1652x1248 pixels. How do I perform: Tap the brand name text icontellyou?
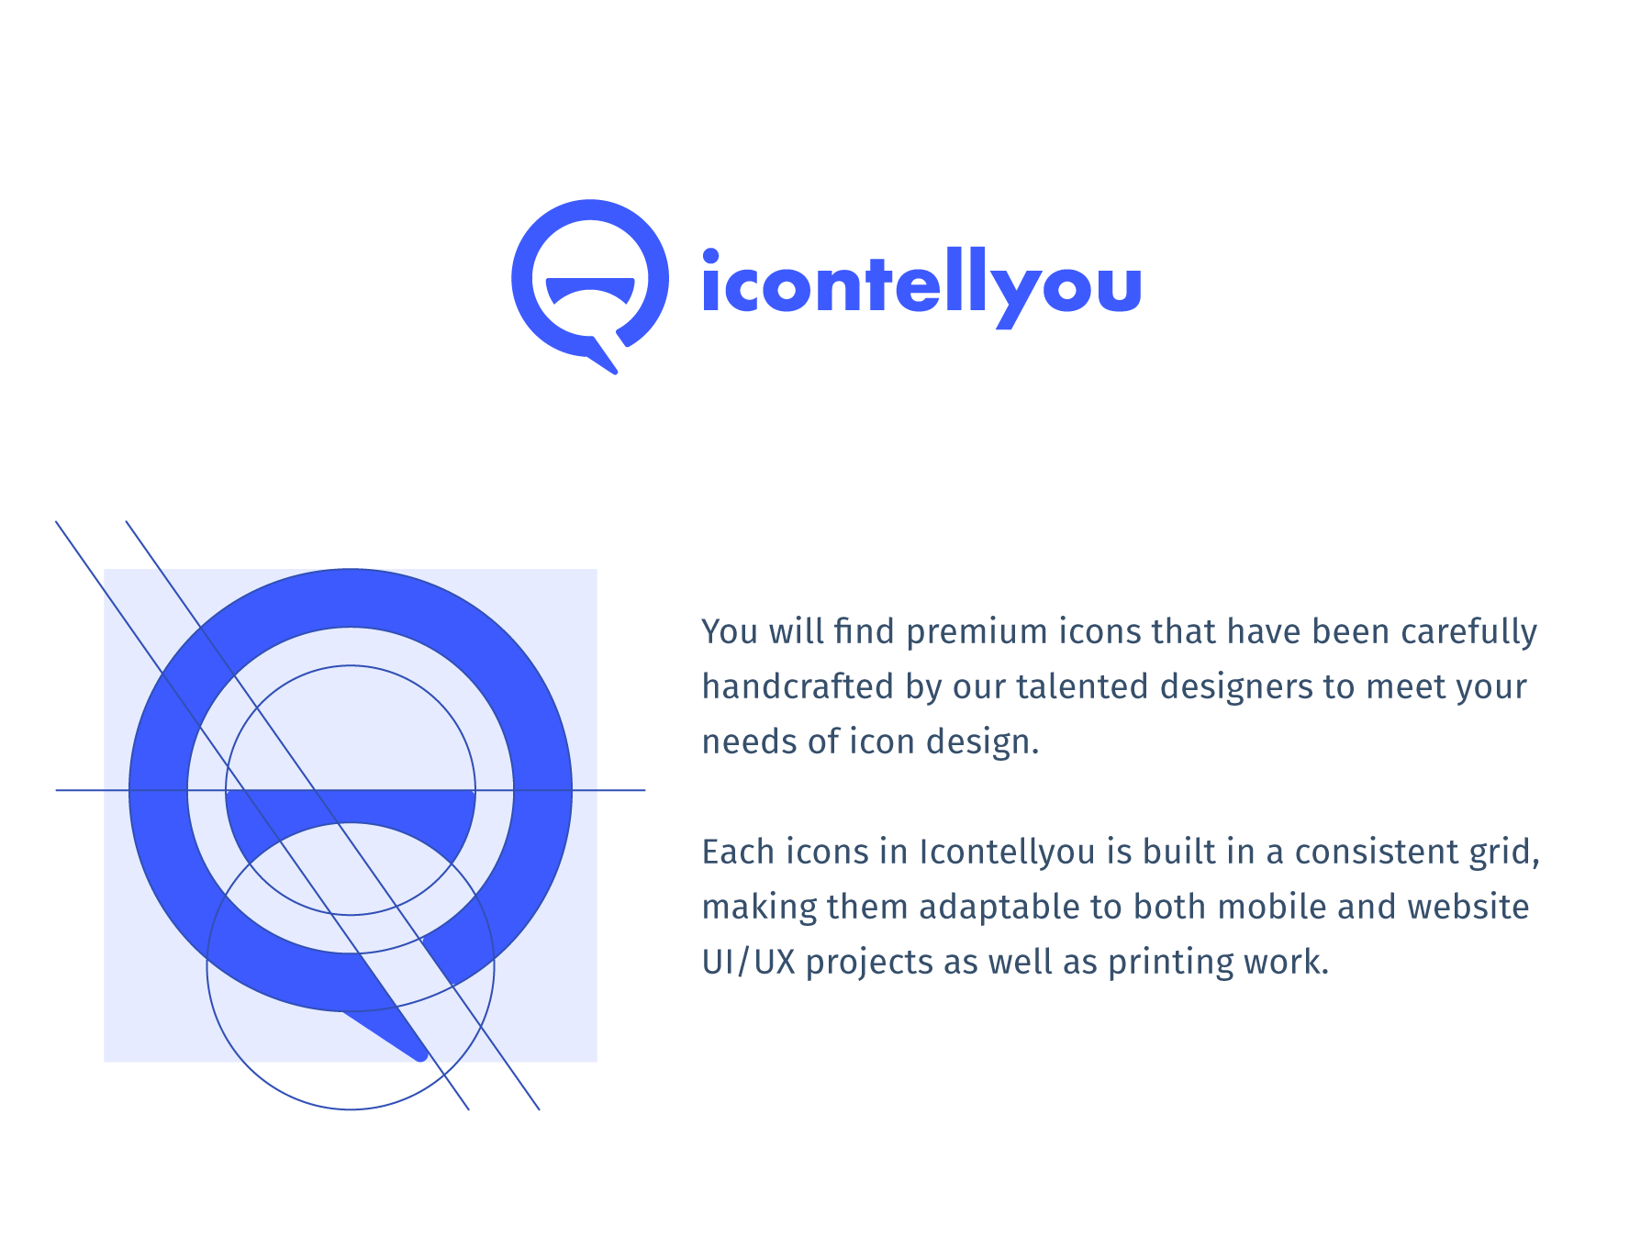pyautogui.click(x=921, y=287)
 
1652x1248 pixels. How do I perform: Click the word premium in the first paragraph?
pyautogui.click(x=977, y=633)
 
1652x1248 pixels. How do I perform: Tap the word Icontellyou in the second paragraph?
pyautogui.click(x=1008, y=853)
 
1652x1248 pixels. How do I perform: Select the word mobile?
pyautogui.click(x=1271, y=907)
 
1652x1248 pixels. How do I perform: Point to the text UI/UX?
pyautogui.click(x=748, y=963)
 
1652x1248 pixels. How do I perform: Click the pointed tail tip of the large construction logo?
pyautogui.click(x=422, y=1056)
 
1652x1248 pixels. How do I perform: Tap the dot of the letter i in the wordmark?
pyautogui.click(x=710, y=256)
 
